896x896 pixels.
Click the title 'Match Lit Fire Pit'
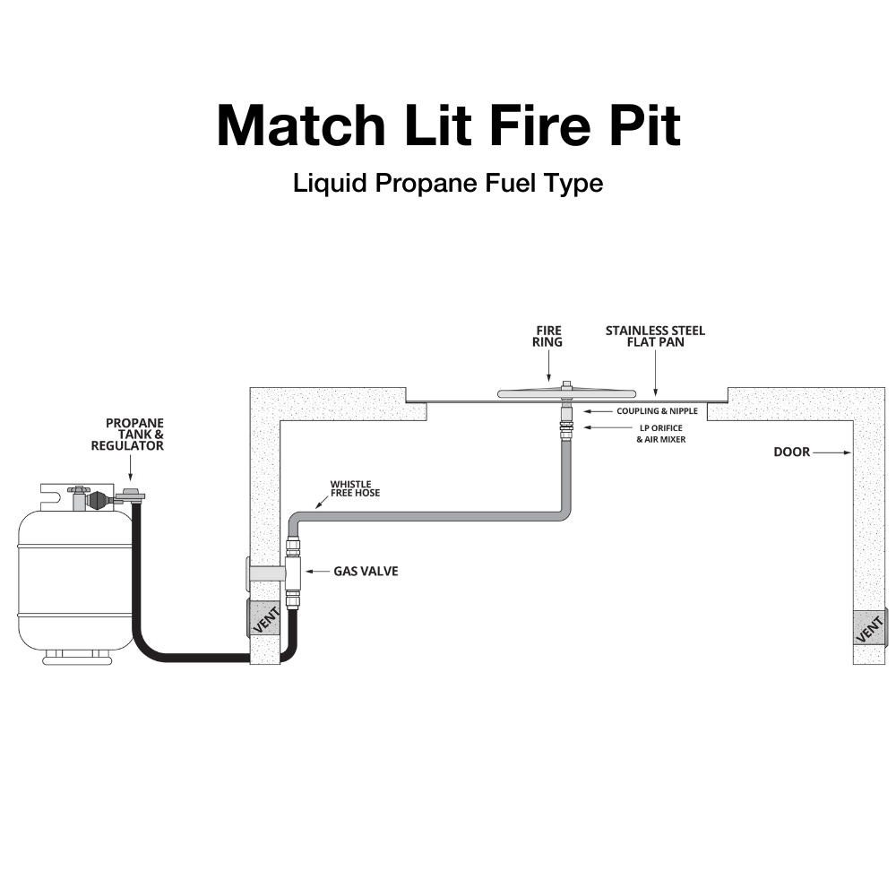click(448, 125)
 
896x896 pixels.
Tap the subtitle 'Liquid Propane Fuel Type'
click(448, 183)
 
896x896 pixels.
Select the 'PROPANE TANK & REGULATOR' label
click(134, 434)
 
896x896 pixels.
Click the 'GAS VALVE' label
click(366, 571)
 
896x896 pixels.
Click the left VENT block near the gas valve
click(264, 619)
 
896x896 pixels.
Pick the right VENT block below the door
click(868, 627)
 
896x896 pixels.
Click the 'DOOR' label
click(791, 452)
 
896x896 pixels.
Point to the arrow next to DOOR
click(833, 452)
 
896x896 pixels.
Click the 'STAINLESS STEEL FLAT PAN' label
click(655, 336)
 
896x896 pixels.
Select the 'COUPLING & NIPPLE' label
click(657, 411)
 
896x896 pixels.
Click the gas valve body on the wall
click(293, 571)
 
